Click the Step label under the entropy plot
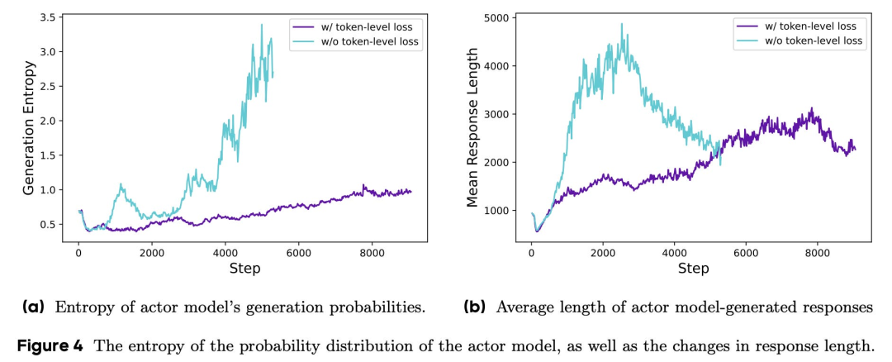[x=244, y=268]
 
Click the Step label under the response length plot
[x=694, y=268]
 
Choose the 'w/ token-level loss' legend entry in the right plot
[x=809, y=26]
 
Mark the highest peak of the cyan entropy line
[x=262, y=24]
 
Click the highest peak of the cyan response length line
[x=622, y=24]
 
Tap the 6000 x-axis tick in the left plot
[x=298, y=253]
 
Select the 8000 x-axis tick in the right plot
[x=817, y=253]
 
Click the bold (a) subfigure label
[x=34, y=307]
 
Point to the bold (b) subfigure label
[x=474, y=307]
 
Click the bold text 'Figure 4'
[x=50, y=345]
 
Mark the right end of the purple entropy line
[x=411, y=192]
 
